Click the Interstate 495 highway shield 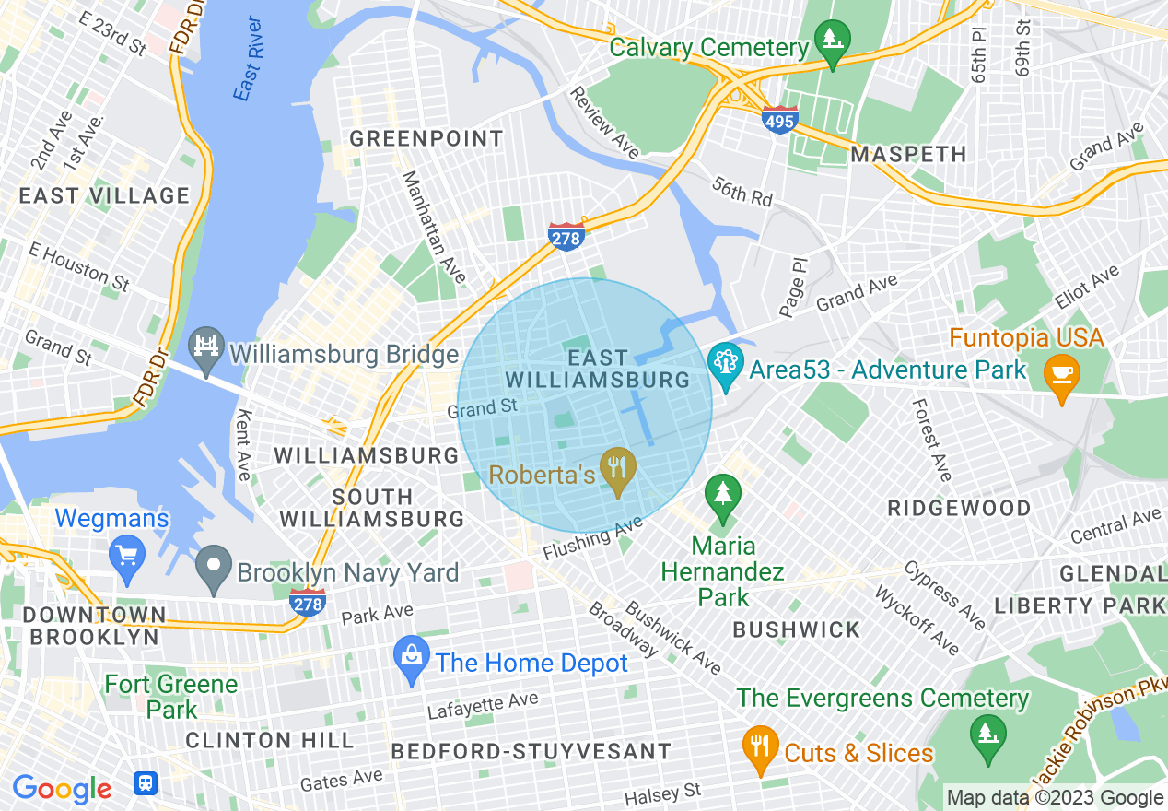pos(779,119)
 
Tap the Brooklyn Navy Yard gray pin pos(214,570)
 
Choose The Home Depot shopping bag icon pos(412,661)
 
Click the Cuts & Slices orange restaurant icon pos(759,750)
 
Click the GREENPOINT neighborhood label pos(426,139)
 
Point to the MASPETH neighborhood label pos(908,154)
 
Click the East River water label pos(248,71)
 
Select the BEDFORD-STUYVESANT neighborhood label pos(531,751)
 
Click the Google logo pos(62,789)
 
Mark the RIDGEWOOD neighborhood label pos(959,508)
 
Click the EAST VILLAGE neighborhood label pos(104,195)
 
